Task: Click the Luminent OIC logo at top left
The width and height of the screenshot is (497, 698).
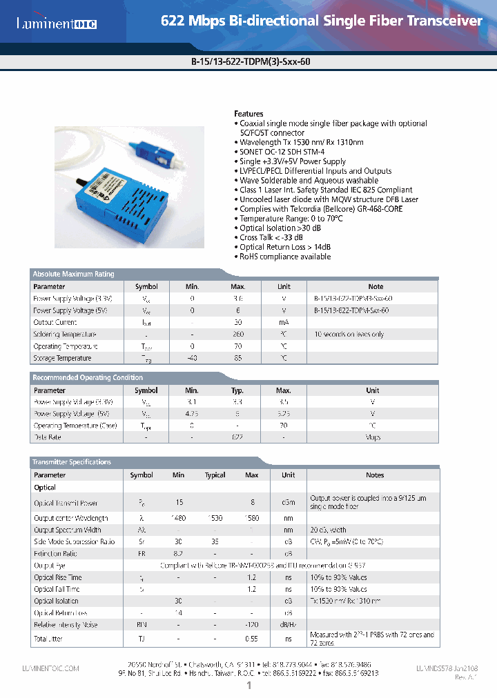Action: (x=57, y=24)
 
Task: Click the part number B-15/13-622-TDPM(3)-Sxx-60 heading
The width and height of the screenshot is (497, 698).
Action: (x=248, y=61)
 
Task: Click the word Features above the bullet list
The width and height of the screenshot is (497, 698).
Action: (x=248, y=114)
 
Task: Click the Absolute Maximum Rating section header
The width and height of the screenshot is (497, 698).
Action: (x=74, y=274)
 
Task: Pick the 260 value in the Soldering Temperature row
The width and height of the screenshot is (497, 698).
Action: (x=237, y=335)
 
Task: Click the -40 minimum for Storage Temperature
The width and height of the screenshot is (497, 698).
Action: (x=192, y=358)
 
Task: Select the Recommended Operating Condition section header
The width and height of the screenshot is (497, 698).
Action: (x=88, y=377)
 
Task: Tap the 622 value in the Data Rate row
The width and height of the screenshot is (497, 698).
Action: (x=237, y=437)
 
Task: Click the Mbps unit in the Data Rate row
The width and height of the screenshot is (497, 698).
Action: (x=372, y=437)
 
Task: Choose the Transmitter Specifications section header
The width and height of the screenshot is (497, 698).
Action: (x=72, y=462)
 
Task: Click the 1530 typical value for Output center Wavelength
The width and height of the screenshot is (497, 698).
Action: (x=215, y=518)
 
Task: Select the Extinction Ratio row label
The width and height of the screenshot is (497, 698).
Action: (x=56, y=554)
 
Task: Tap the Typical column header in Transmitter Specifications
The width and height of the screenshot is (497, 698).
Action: (x=215, y=475)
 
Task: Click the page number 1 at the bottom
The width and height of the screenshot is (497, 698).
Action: (x=248, y=686)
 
